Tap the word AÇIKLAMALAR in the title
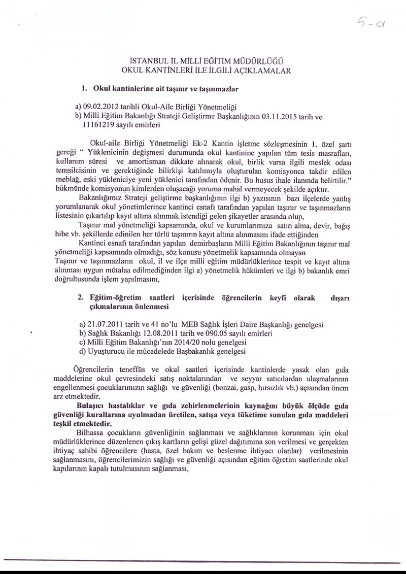(263, 71)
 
